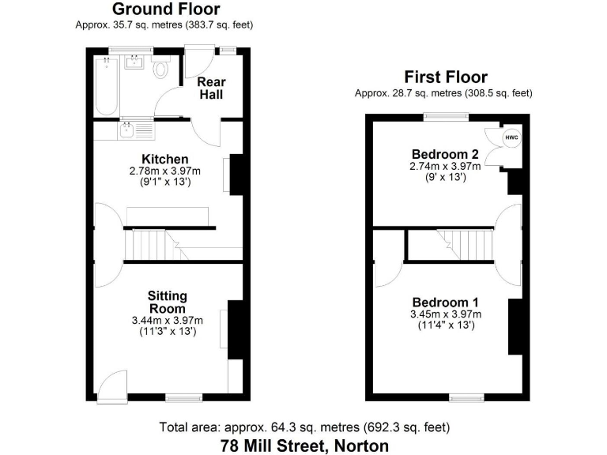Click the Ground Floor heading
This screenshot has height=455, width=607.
click(166, 9)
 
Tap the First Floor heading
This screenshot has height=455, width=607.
click(446, 77)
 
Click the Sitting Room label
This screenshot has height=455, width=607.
click(167, 302)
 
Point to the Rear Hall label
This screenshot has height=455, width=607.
click(210, 88)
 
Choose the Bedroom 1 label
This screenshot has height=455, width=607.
click(445, 303)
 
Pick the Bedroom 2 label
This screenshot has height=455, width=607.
click(445, 153)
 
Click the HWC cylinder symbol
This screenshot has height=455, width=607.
click(511, 137)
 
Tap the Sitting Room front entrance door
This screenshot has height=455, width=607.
click(113, 387)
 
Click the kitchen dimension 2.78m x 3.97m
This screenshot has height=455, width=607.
click(164, 171)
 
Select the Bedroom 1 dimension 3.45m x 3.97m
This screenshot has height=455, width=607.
click(445, 314)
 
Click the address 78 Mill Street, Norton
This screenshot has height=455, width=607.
click(303, 446)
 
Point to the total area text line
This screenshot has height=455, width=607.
click(303, 427)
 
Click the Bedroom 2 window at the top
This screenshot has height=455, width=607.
click(446, 117)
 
